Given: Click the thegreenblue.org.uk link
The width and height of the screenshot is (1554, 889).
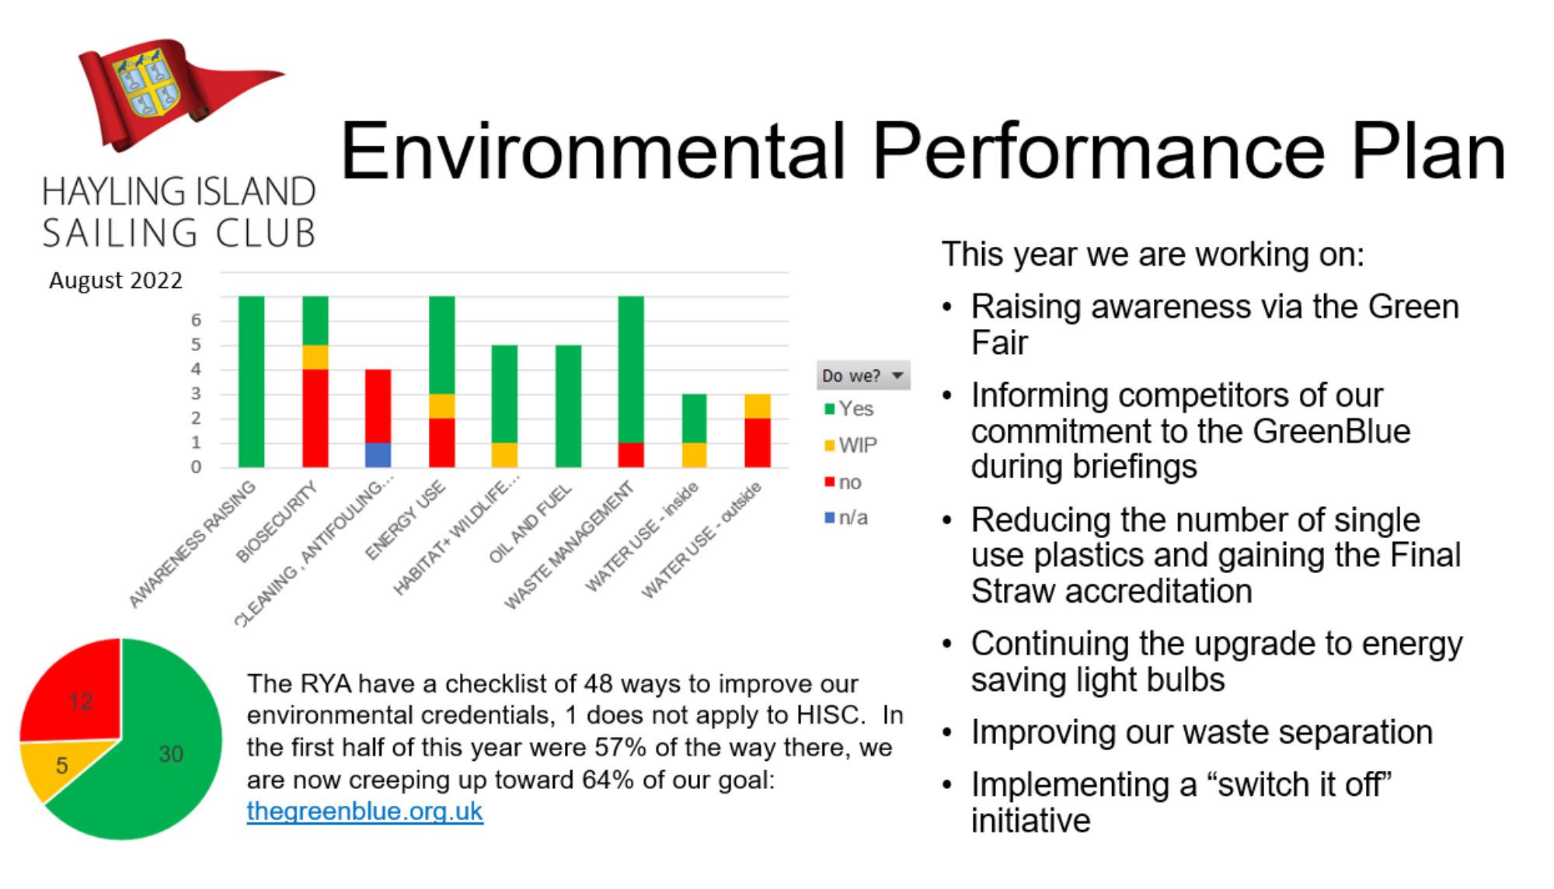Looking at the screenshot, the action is (364, 811).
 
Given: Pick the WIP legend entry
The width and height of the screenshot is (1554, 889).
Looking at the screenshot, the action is (851, 446).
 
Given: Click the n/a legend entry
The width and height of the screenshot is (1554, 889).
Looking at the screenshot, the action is (846, 518).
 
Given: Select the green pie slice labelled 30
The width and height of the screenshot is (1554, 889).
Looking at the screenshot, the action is (148, 745).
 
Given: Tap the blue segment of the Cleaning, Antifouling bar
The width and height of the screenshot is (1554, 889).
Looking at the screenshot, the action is (378, 455).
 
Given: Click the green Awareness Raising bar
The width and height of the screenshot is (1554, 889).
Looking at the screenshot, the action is (252, 381).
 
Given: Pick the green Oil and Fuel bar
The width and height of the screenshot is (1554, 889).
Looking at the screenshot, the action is (568, 406).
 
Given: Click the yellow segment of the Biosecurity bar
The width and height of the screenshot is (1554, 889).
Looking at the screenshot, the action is (315, 357).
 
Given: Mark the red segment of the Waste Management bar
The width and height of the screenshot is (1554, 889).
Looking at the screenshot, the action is (631, 455).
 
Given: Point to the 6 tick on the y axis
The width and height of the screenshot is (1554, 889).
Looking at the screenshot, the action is (196, 320).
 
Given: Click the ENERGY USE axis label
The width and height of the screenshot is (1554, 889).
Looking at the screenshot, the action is (406, 519).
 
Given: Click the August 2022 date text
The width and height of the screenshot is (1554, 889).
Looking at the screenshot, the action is (116, 280).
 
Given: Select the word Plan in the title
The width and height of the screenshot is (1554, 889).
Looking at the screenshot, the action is (1428, 151).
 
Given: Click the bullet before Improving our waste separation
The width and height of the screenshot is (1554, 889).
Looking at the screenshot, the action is (947, 733).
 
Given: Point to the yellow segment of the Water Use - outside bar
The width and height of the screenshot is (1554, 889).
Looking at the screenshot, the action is (758, 406).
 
